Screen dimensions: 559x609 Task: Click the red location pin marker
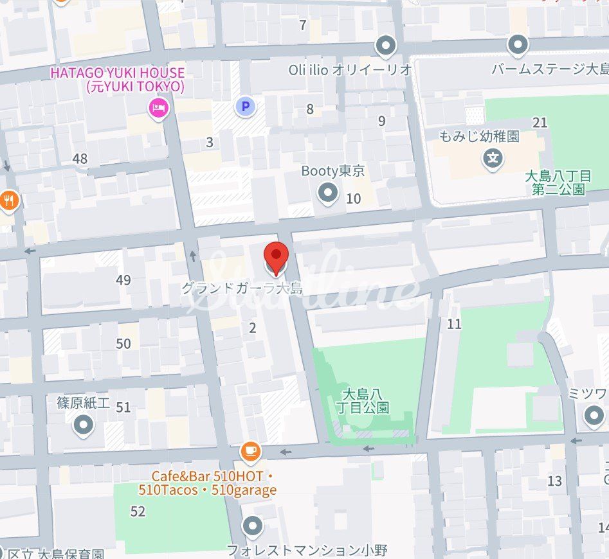[276, 257]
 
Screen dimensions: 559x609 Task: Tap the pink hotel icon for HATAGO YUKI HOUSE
[158, 109]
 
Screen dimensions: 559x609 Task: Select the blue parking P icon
[245, 106]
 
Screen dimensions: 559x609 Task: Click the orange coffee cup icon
[251, 452]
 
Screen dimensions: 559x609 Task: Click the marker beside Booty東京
[329, 192]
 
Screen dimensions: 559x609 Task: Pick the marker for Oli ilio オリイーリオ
[386, 46]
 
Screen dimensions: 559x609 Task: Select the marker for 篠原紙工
[84, 425]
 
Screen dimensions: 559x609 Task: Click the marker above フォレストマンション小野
[253, 528]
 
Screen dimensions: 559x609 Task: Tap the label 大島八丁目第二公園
[558, 182]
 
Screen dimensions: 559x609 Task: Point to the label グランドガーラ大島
[241, 289]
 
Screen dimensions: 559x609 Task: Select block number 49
[123, 280]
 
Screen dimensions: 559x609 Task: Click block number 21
[540, 122]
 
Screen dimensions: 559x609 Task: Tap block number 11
[454, 324]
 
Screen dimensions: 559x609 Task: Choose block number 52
[138, 511]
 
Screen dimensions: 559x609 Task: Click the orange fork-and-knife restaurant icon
[8, 200]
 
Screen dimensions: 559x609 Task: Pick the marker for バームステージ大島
[518, 46]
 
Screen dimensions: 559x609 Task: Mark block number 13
[554, 481]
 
